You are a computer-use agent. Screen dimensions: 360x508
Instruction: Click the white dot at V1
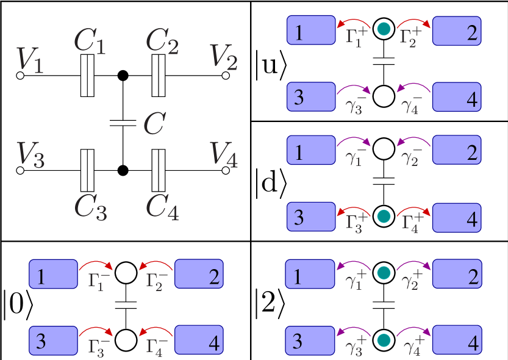[x=20, y=75]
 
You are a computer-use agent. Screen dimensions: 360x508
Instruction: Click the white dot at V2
[x=226, y=75]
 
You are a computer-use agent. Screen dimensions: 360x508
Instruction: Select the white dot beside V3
[x=20, y=170]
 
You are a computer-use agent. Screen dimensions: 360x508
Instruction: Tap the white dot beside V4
[x=226, y=170]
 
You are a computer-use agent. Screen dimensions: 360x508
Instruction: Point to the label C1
[x=89, y=42]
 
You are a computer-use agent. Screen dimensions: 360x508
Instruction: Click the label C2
[x=162, y=42]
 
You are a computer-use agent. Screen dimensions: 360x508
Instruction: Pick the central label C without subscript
[x=154, y=124]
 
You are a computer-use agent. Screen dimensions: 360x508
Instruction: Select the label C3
[x=90, y=207]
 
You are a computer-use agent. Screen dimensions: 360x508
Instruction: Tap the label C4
[x=162, y=207]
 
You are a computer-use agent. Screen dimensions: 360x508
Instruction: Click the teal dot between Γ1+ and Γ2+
[x=384, y=29]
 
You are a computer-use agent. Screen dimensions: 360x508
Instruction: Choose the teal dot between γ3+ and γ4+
[x=384, y=339]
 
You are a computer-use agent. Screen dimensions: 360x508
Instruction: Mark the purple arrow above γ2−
[x=413, y=142]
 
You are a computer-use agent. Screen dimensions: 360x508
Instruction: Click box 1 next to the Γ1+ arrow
[x=311, y=31]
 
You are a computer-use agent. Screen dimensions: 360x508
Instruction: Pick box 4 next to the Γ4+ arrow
[x=457, y=218]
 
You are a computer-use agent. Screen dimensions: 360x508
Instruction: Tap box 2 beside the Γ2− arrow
[x=199, y=274]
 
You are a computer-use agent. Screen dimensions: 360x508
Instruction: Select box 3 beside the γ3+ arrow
[x=310, y=339]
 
